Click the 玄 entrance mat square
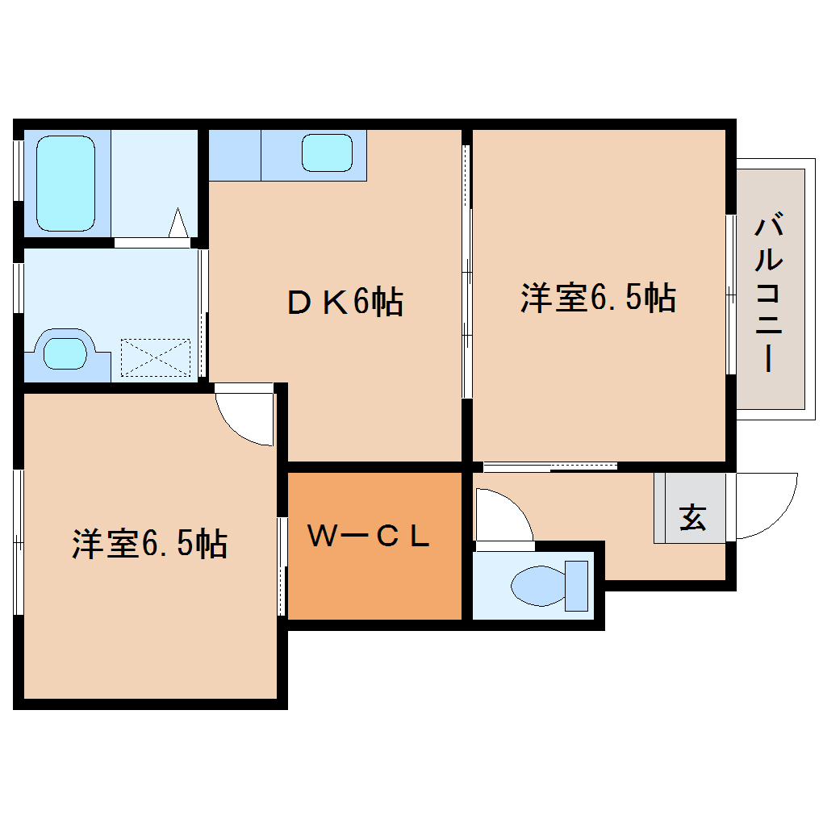(691, 518)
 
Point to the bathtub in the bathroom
(65, 182)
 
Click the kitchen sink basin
(328, 153)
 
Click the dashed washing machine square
(155, 357)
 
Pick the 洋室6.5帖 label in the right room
(597, 299)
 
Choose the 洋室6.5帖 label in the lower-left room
(149, 543)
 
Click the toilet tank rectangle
(577, 585)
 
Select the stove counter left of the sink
(234, 154)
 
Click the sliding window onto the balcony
(730, 295)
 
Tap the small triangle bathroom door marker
(178, 222)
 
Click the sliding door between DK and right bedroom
(466, 271)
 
